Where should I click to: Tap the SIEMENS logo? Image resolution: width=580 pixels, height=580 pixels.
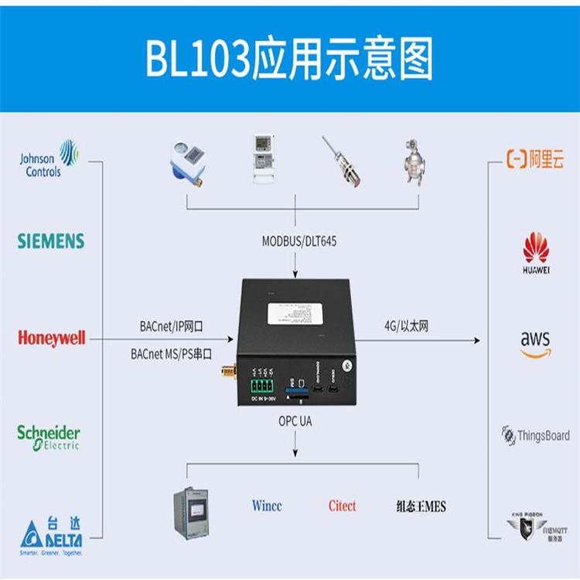[x=51, y=241]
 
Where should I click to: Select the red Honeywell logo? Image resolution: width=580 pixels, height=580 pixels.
[x=51, y=339]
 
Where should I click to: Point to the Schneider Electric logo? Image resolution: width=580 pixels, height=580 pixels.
[x=49, y=437]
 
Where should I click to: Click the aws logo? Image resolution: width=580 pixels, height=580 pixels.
[x=535, y=343]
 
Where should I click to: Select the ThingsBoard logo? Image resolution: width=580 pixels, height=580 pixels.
[x=535, y=435]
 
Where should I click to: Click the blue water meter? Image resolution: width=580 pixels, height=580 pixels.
[x=186, y=163]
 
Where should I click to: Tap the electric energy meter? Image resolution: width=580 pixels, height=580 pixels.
[x=264, y=159]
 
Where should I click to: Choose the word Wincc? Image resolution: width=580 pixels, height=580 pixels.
[x=267, y=507]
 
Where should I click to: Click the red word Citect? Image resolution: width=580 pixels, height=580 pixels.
[x=342, y=507]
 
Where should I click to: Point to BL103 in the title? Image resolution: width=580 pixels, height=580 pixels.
[x=198, y=60]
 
